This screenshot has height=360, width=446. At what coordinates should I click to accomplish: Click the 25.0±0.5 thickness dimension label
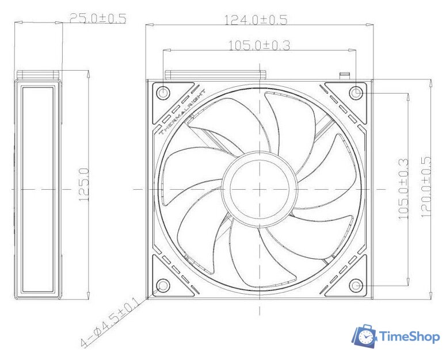97,18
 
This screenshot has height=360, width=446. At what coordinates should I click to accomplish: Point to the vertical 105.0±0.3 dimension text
403,189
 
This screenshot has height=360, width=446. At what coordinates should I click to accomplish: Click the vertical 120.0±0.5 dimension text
426,187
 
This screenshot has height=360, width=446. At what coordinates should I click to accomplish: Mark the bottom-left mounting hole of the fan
163,285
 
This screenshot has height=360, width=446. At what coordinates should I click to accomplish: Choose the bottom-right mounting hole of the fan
357,285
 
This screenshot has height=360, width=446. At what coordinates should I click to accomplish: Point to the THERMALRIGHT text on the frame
181,112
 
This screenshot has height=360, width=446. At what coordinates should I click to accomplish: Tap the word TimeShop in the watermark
409,338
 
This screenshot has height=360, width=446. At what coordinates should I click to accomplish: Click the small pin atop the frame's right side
346,75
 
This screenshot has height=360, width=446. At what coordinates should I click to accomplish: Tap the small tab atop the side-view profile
37,74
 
